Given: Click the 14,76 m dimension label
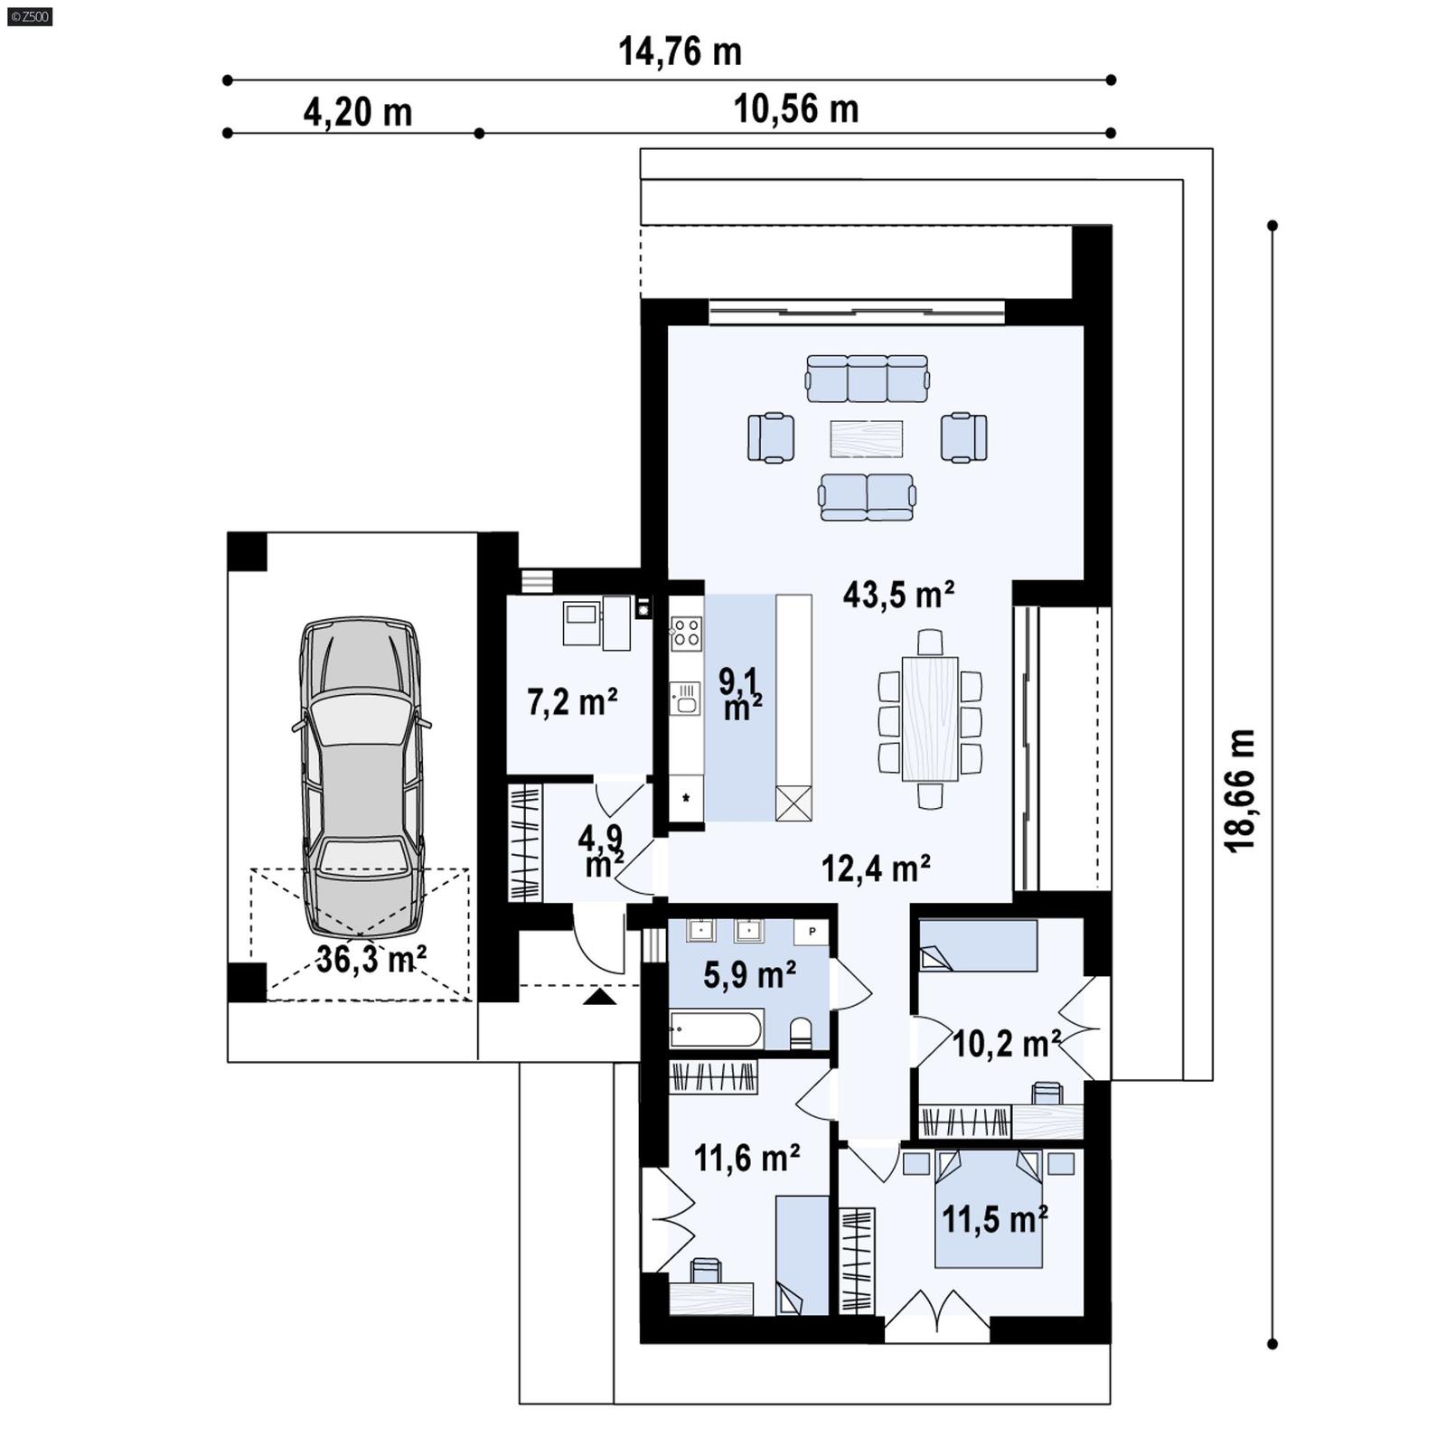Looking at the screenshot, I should pyautogui.click(x=680, y=52).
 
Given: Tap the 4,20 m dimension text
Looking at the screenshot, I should pyautogui.click(x=357, y=113).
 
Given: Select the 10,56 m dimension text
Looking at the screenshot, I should pyautogui.click(x=795, y=109).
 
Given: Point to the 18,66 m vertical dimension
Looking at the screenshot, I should pyautogui.click(x=1240, y=790).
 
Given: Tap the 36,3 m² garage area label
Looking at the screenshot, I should pyautogui.click(x=371, y=958).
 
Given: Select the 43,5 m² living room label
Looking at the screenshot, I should pyautogui.click(x=898, y=595).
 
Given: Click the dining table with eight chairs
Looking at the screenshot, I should pyautogui.click(x=929, y=718).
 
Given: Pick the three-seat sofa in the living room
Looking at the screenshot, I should pyautogui.click(x=867, y=378).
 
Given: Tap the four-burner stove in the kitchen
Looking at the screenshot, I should pyautogui.click(x=686, y=632).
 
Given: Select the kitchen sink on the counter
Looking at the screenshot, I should pyautogui.click(x=685, y=699).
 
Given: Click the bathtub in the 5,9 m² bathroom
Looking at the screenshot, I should pyautogui.click(x=716, y=1029).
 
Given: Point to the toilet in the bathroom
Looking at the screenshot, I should pyautogui.click(x=801, y=1032).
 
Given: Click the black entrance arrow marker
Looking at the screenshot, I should pyautogui.click(x=599, y=997).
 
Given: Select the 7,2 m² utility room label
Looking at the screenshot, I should pyautogui.click(x=572, y=702).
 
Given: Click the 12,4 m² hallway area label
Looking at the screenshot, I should pyautogui.click(x=876, y=869).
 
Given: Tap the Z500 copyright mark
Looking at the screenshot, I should pyautogui.click(x=29, y=16).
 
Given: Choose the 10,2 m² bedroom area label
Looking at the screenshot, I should pyautogui.click(x=1006, y=1045).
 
